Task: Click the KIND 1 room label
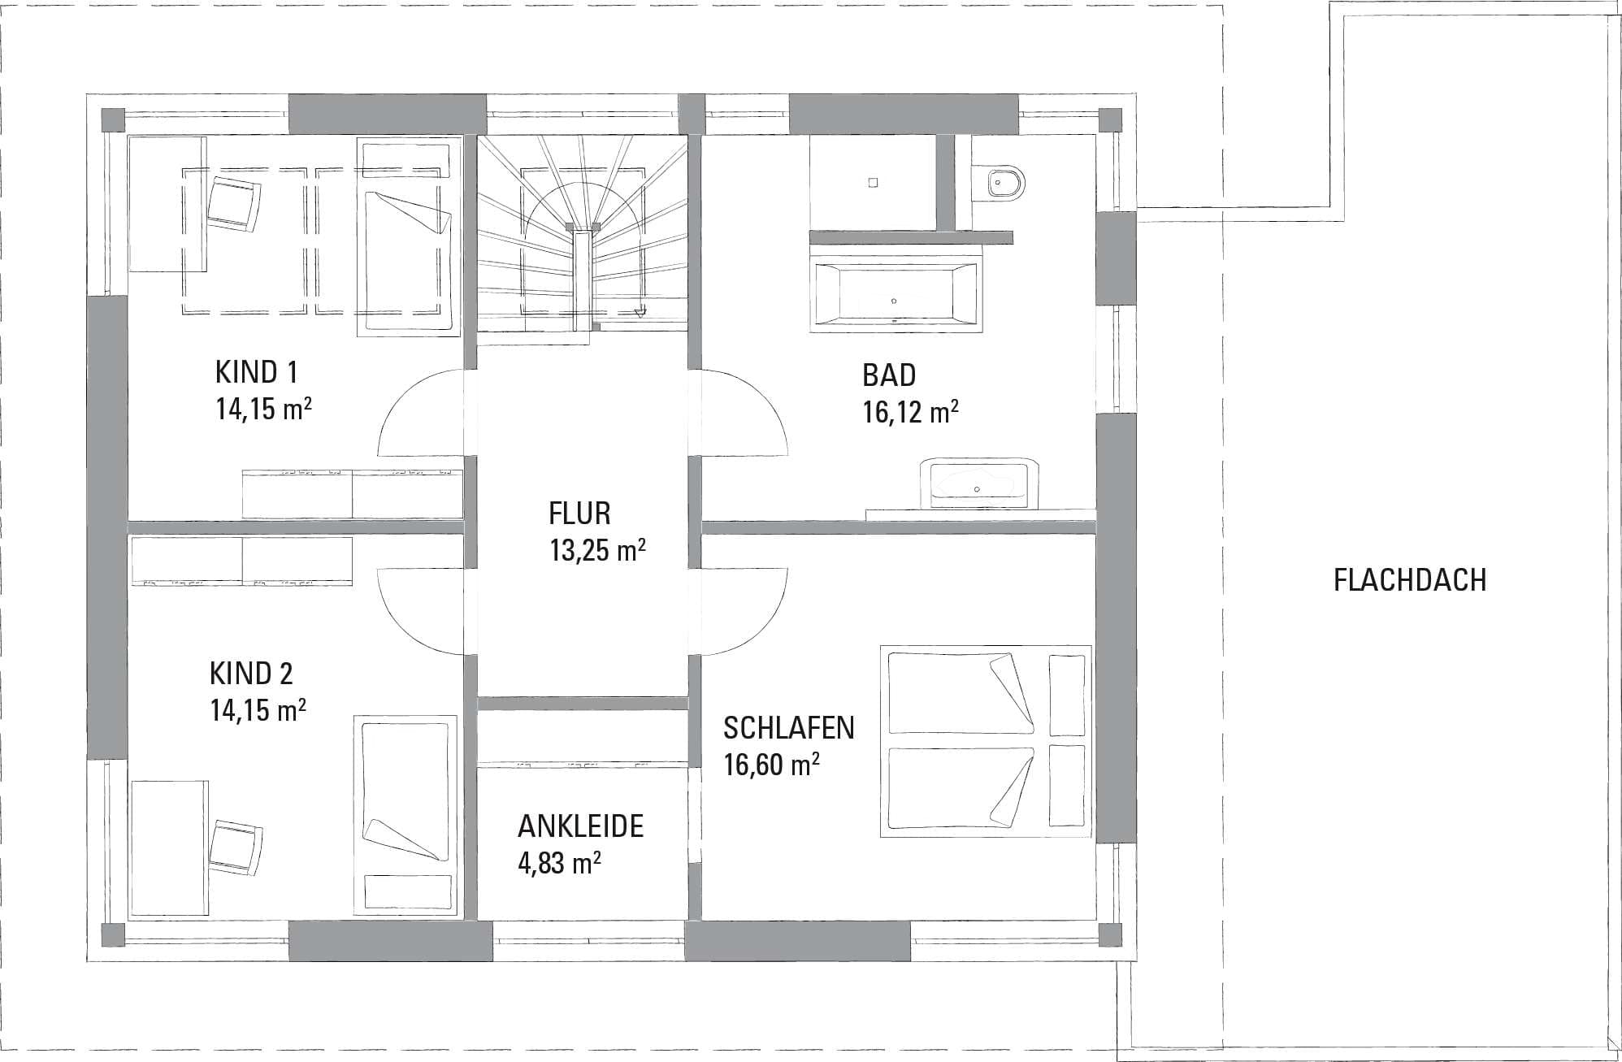[256, 373]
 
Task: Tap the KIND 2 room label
[251, 674]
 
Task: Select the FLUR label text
[579, 514]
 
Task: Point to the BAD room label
[889, 375]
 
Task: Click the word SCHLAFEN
[788, 728]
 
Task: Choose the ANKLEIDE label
[580, 826]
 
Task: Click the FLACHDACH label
[1410, 580]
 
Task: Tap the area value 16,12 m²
[910, 412]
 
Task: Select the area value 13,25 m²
[597, 550]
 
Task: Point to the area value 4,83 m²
[559, 862]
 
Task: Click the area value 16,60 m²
[771, 765]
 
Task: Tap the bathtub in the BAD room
[896, 297]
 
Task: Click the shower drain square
[873, 183]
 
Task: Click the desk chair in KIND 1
[235, 205]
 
